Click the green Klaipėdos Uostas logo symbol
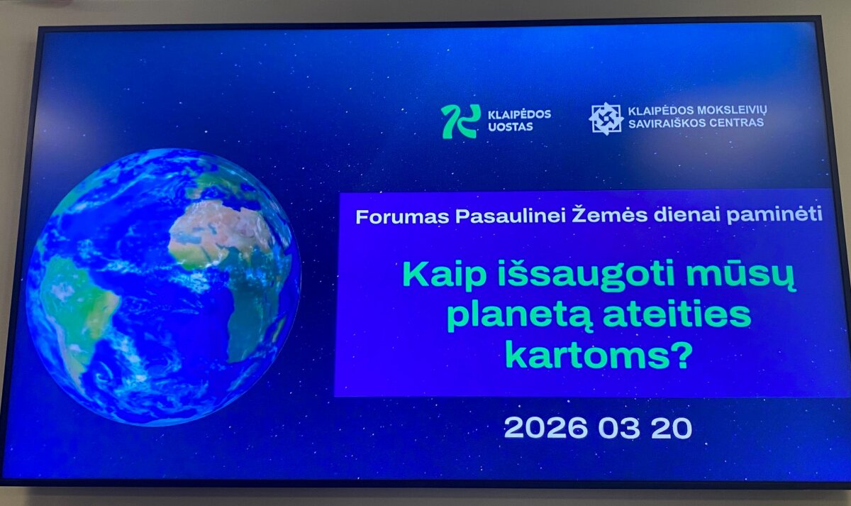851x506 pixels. [x=461, y=121]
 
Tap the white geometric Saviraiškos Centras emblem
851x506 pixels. [x=606, y=119]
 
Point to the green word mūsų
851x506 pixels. [x=740, y=275]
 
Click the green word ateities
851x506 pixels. [x=677, y=314]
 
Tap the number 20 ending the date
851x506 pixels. [x=672, y=428]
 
